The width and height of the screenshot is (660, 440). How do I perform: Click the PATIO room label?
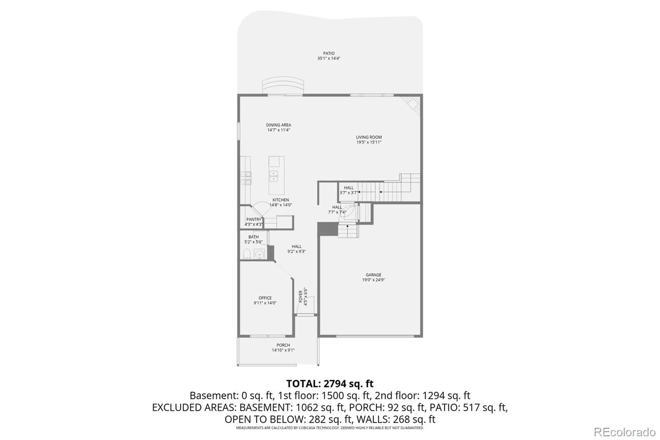pos(328,53)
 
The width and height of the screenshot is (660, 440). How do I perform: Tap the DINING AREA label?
pos(278,125)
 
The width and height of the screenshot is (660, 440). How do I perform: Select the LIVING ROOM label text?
pos(369,137)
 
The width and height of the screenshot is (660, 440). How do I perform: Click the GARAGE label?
pos(373,275)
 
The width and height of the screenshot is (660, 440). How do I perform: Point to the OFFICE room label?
pos(265,298)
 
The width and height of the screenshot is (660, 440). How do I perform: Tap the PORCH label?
pos(283,345)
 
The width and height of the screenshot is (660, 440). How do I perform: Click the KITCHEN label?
pos(280,200)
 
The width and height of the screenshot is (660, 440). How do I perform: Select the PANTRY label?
pos(254,220)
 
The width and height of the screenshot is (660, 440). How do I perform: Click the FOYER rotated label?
pos(301,296)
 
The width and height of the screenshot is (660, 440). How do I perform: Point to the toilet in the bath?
pos(247,254)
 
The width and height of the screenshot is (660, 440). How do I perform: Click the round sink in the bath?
pos(259,254)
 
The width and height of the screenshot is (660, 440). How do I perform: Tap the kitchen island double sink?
pos(274,176)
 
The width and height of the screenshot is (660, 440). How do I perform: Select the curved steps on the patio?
pos(283,85)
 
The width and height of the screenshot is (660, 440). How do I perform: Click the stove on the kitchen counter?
pos(246,178)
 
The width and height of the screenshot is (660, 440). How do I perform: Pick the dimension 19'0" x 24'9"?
pos(373,280)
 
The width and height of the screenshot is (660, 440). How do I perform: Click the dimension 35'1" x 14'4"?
pos(328,58)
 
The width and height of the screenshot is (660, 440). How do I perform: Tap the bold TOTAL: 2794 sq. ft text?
pos(330,384)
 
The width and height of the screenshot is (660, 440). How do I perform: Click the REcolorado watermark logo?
pos(625,432)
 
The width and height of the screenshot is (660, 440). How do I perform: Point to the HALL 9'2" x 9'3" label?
pos(297,249)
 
